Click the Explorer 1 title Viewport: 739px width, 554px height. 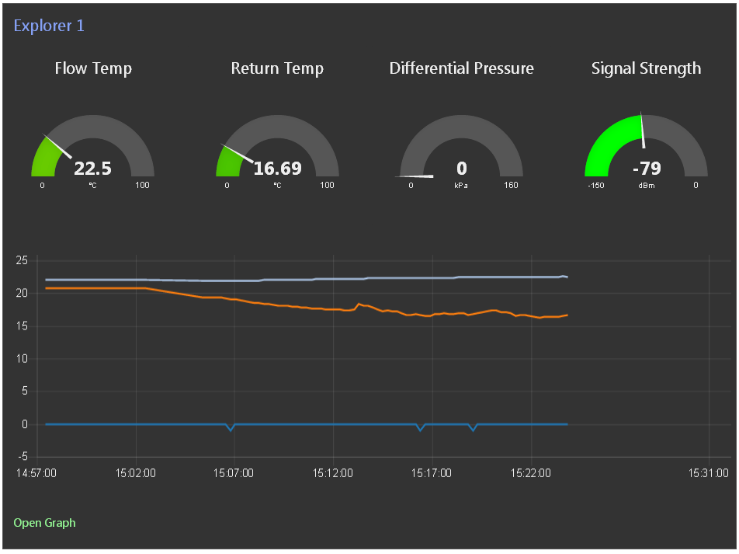pyautogui.click(x=49, y=26)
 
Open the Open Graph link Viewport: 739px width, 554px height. pyautogui.click(x=44, y=523)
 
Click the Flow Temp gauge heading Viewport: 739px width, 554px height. pyautogui.click(x=93, y=68)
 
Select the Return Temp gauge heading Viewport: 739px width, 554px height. pyautogui.click(x=277, y=68)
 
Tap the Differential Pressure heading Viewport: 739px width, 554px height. pyautogui.click(x=461, y=68)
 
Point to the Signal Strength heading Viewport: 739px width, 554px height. pyautogui.click(x=646, y=69)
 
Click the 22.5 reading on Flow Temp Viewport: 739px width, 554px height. pyautogui.click(x=93, y=169)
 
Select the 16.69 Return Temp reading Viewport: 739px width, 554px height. pyautogui.click(x=278, y=169)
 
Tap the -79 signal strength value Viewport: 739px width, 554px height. pyautogui.click(x=647, y=169)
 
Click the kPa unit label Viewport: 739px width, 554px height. pyautogui.click(x=461, y=186)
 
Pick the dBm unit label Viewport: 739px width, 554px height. pyautogui.click(x=647, y=186)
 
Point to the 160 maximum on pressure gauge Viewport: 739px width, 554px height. pyautogui.click(x=511, y=185)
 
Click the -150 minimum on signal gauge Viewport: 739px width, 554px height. pyautogui.click(x=595, y=186)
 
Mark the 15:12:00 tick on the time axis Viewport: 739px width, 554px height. pyautogui.click(x=333, y=473)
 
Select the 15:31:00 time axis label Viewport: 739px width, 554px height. pyautogui.click(x=709, y=473)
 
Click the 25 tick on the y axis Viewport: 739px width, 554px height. pyautogui.click(x=22, y=260)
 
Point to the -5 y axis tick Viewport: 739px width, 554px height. pyautogui.click(x=23, y=457)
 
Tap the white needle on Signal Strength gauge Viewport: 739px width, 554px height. pyautogui.click(x=643, y=131)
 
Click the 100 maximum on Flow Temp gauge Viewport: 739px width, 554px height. pyautogui.click(x=142, y=185)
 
